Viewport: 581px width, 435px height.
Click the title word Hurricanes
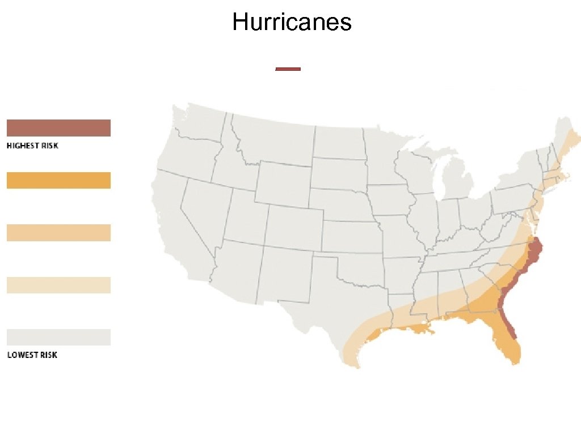point(292,23)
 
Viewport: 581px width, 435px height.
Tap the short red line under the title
point(288,69)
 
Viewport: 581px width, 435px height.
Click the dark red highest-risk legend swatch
point(58,128)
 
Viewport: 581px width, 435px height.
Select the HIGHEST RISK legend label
point(32,146)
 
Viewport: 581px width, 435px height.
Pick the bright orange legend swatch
point(58,181)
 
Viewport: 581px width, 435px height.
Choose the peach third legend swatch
point(58,233)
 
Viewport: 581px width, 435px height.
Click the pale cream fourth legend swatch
point(58,285)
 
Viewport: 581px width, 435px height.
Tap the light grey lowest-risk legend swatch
point(58,337)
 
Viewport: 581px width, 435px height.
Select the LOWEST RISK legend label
point(32,355)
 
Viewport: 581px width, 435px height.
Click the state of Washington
point(199,122)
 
